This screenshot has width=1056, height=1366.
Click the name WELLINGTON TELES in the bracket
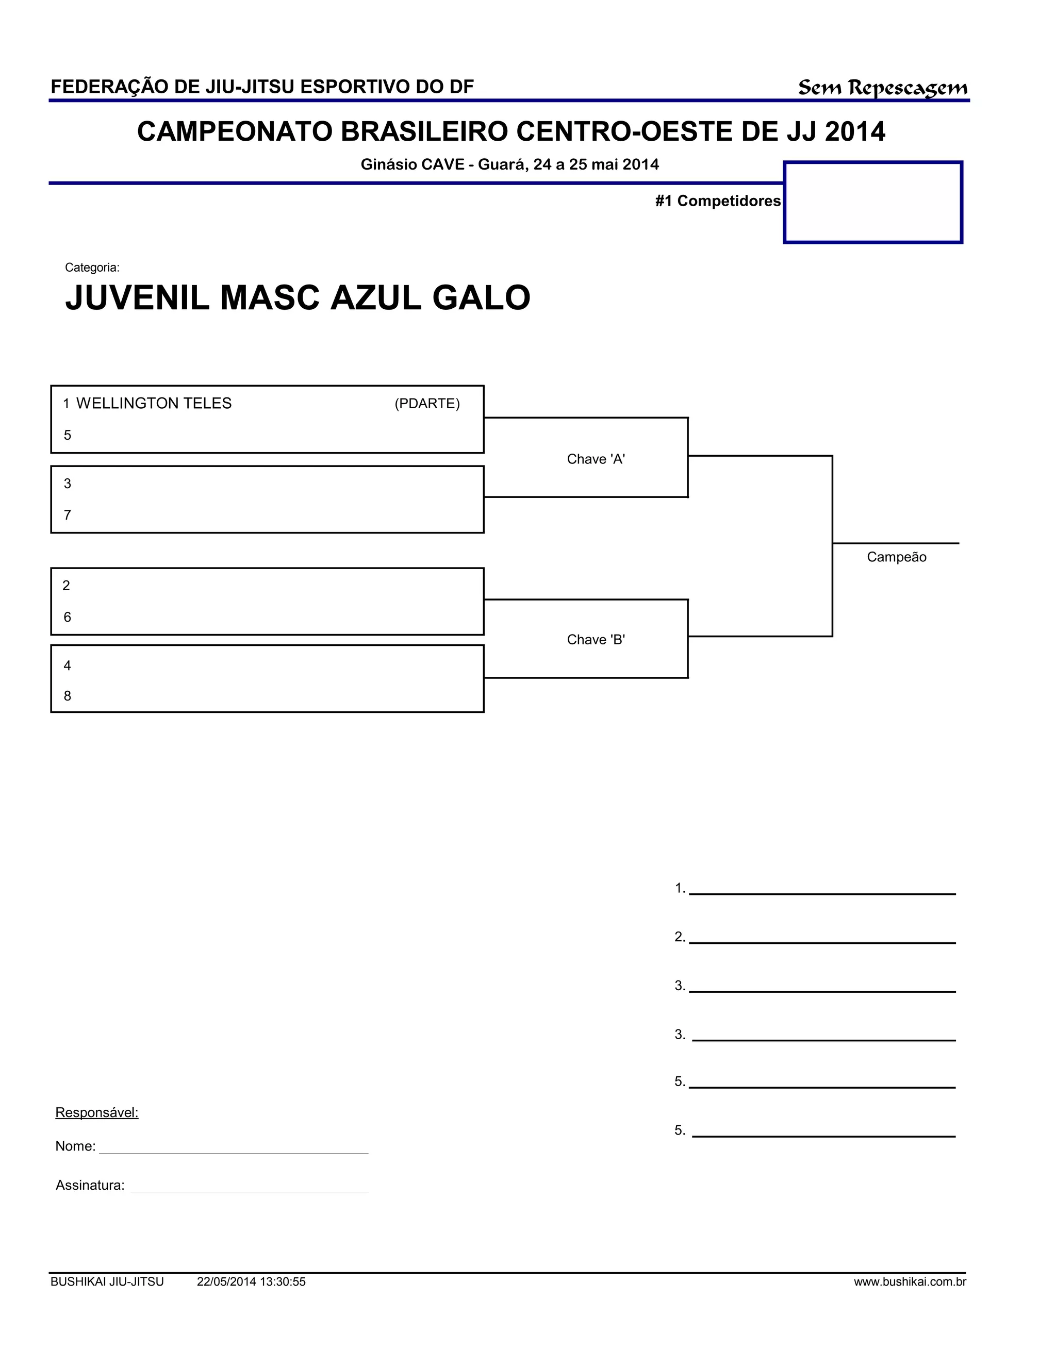pyautogui.click(x=153, y=404)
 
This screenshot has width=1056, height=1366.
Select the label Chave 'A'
pyautogui.click(x=596, y=459)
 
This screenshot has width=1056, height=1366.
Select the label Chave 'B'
pyautogui.click(x=596, y=639)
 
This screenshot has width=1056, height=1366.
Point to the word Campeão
pyautogui.click(x=896, y=557)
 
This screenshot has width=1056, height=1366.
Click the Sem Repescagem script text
pyautogui.click(x=882, y=88)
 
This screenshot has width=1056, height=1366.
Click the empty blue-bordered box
pyautogui.click(x=873, y=202)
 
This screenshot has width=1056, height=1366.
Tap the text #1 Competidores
pyautogui.click(x=718, y=201)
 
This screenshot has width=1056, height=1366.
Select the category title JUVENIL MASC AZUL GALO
pyautogui.click(x=298, y=298)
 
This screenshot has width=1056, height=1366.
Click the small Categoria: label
pyautogui.click(x=92, y=268)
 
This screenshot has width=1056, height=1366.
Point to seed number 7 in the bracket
pyautogui.click(x=68, y=515)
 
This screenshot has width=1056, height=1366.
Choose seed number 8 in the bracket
pyautogui.click(x=68, y=696)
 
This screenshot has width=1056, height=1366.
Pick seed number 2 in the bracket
pyautogui.click(x=67, y=586)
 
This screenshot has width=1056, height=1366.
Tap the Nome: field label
pyautogui.click(x=75, y=1146)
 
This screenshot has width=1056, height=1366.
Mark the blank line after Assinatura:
pyautogui.click(x=249, y=1190)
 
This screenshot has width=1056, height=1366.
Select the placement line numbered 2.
pyautogui.click(x=821, y=941)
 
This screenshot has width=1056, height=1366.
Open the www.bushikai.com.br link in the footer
pyautogui.click(x=910, y=1282)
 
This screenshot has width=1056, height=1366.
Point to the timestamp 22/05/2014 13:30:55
pyautogui.click(x=251, y=1282)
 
